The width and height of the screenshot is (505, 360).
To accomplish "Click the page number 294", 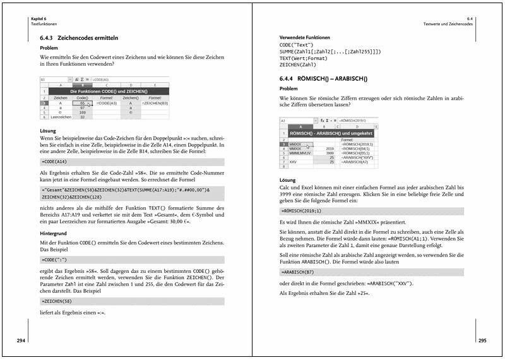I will point(21,340).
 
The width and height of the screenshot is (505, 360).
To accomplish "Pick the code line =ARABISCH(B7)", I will point(300,271).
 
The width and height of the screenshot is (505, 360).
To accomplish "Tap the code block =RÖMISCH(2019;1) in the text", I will point(305,210).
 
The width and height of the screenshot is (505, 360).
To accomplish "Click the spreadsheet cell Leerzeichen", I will point(61,117).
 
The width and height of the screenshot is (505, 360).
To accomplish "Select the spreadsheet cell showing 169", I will point(82,112).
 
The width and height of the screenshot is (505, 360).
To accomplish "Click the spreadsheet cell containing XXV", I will point(287,162).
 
